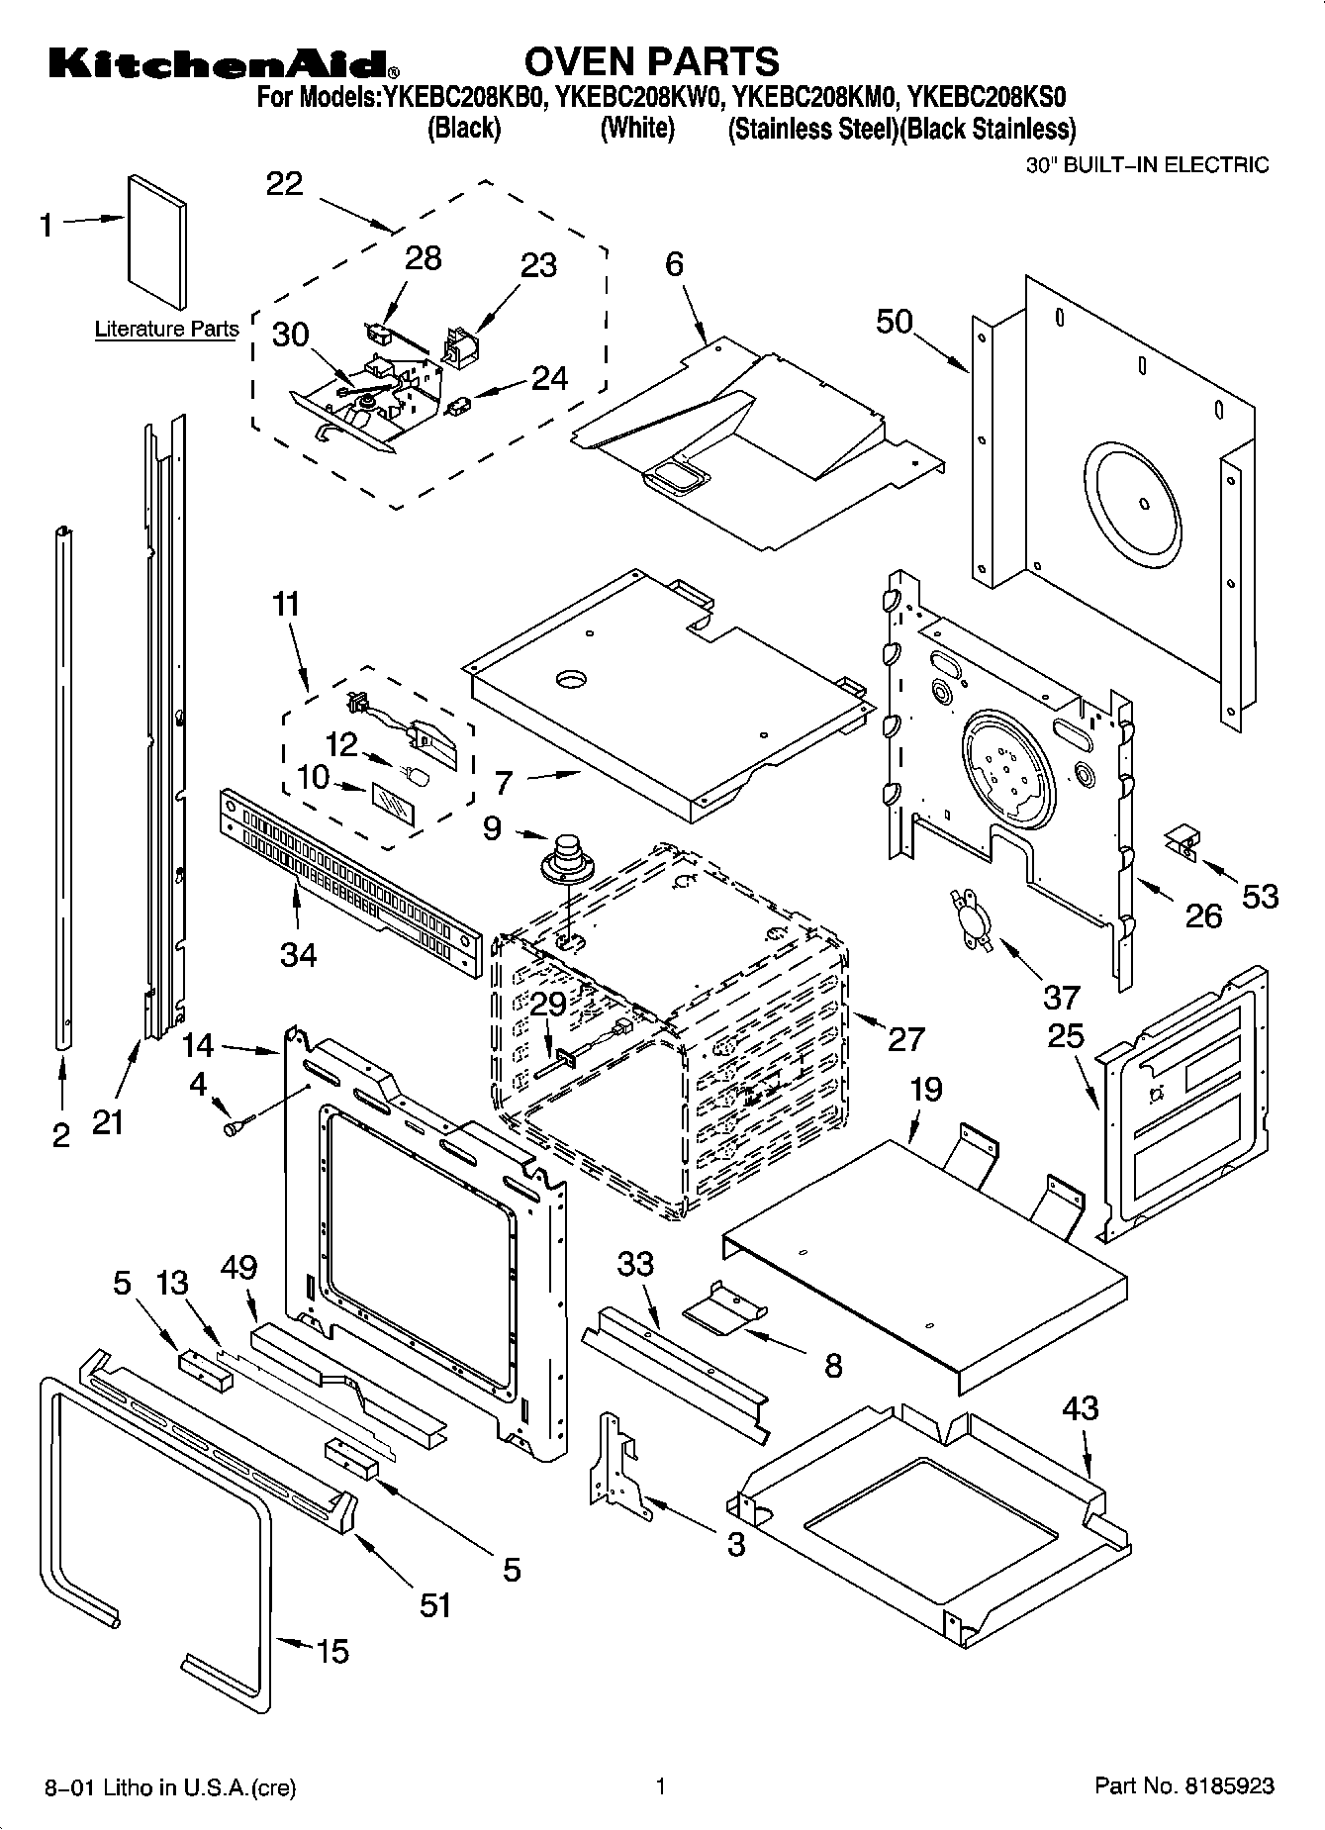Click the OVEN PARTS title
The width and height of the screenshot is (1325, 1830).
pos(651,61)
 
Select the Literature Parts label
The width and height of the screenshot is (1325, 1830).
pos(166,330)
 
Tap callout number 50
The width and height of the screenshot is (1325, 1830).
pos(895,322)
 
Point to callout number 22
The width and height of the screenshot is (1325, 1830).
pos(284,184)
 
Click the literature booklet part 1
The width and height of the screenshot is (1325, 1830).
pos(156,242)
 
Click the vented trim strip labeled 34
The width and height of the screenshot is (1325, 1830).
pos(346,882)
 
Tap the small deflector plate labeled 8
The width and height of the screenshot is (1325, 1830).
pos(724,1305)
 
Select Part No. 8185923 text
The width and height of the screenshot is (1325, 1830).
pos(1183,1786)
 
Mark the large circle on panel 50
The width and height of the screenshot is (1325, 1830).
pos(1134,504)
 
